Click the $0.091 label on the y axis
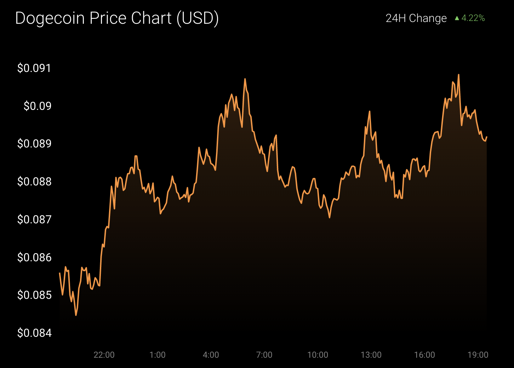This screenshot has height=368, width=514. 34,68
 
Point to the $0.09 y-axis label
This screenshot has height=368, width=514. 38,106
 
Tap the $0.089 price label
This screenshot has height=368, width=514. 34,144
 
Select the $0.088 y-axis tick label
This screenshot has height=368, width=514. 34,182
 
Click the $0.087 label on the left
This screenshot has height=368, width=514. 34,219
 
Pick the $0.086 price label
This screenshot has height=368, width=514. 34,257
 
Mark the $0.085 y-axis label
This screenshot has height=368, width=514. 34,295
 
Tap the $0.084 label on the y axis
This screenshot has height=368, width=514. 34,333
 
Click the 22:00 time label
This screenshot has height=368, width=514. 104,355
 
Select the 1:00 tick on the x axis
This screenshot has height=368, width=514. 158,355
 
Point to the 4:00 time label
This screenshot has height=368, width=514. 211,355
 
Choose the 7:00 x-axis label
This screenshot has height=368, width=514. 264,355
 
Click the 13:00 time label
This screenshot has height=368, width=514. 371,355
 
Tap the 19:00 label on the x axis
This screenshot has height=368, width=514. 478,355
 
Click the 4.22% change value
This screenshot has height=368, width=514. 473,18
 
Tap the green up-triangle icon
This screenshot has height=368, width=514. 457,18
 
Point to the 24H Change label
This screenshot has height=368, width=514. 416,18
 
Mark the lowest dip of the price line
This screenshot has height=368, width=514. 76,315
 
